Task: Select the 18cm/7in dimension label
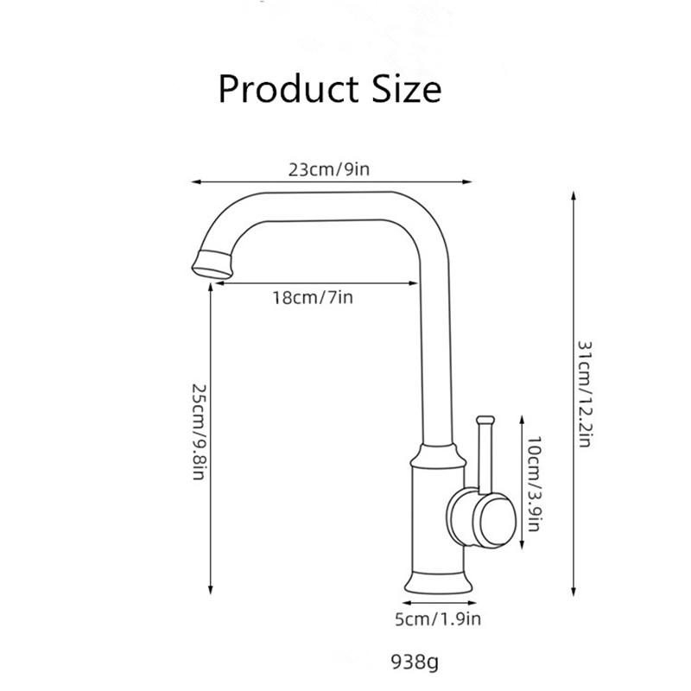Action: point(312,298)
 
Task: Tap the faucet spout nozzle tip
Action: point(211,262)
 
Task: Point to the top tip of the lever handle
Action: point(485,421)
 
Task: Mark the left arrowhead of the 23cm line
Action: point(194,182)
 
